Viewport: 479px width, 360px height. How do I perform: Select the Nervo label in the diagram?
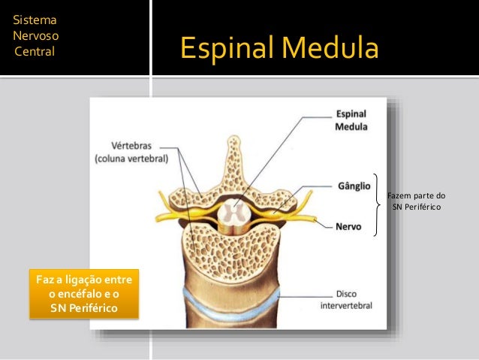pyautogui.click(x=347, y=225)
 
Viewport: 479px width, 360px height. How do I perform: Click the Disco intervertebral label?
pyautogui.click(x=346, y=301)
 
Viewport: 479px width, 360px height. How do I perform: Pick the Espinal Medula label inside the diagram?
pyautogui.click(x=351, y=121)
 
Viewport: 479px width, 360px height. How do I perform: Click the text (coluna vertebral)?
pyautogui.click(x=131, y=159)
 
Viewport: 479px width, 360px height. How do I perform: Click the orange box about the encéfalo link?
pyautogui.click(x=83, y=294)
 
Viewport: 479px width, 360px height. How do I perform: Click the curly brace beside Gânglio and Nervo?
pyautogui.click(x=378, y=204)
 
